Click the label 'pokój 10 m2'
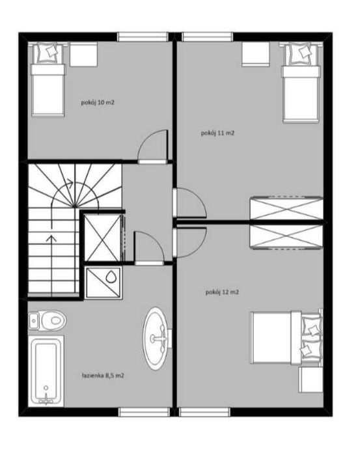(x=98, y=102)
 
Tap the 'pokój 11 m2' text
(x=217, y=133)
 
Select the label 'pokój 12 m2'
(x=222, y=292)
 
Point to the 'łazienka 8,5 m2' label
(x=103, y=376)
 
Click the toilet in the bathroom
(x=48, y=321)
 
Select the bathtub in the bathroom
(x=46, y=371)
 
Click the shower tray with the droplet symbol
(x=104, y=283)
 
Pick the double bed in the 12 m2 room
(x=286, y=337)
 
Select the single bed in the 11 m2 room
(x=301, y=83)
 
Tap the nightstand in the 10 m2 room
(x=83, y=54)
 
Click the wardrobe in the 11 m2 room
(x=286, y=208)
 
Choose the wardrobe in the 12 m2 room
(x=286, y=236)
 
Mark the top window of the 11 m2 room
(x=208, y=37)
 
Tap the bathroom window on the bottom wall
(x=144, y=412)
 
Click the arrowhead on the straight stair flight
(x=51, y=238)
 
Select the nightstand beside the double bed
(x=311, y=380)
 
